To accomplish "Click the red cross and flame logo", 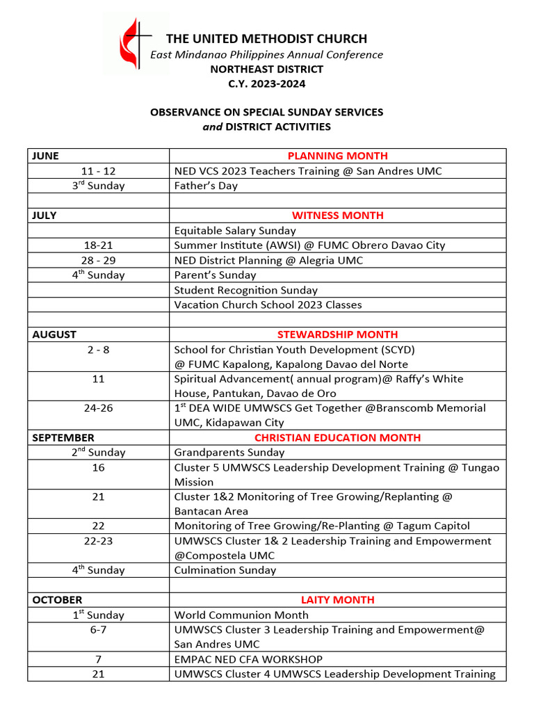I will pyautogui.click(x=136, y=43).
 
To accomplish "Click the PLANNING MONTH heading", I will pyautogui.click(x=337, y=156).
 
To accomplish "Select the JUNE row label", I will pyautogui.click(x=45, y=156).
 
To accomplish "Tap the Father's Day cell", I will pyautogui.click(x=206, y=186).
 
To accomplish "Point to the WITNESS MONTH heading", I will pyautogui.click(x=337, y=216).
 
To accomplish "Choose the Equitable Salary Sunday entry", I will pyautogui.click(x=235, y=230).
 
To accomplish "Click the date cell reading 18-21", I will pyautogui.click(x=98, y=245).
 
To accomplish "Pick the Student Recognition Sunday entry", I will pyautogui.click(x=245, y=290).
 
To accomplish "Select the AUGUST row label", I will pyautogui.click(x=54, y=334).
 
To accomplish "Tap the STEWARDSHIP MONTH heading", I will pyautogui.click(x=337, y=334).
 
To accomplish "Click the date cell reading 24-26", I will pyautogui.click(x=98, y=408).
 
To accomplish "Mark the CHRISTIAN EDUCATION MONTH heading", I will pyautogui.click(x=337, y=438).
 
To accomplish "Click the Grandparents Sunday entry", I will pyautogui.click(x=229, y=453).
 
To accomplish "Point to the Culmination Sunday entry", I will pyautogui.click(x=225, y=570).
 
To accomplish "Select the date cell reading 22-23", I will pyautogui.click(x=98, y=541).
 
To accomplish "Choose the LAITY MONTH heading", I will pyautogui.click(x=337, y=599).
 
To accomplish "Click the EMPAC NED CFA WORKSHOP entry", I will pyautogui.click(x=248, y=659).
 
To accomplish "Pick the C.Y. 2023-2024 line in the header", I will pyautogui.click(x=267, y=84).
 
